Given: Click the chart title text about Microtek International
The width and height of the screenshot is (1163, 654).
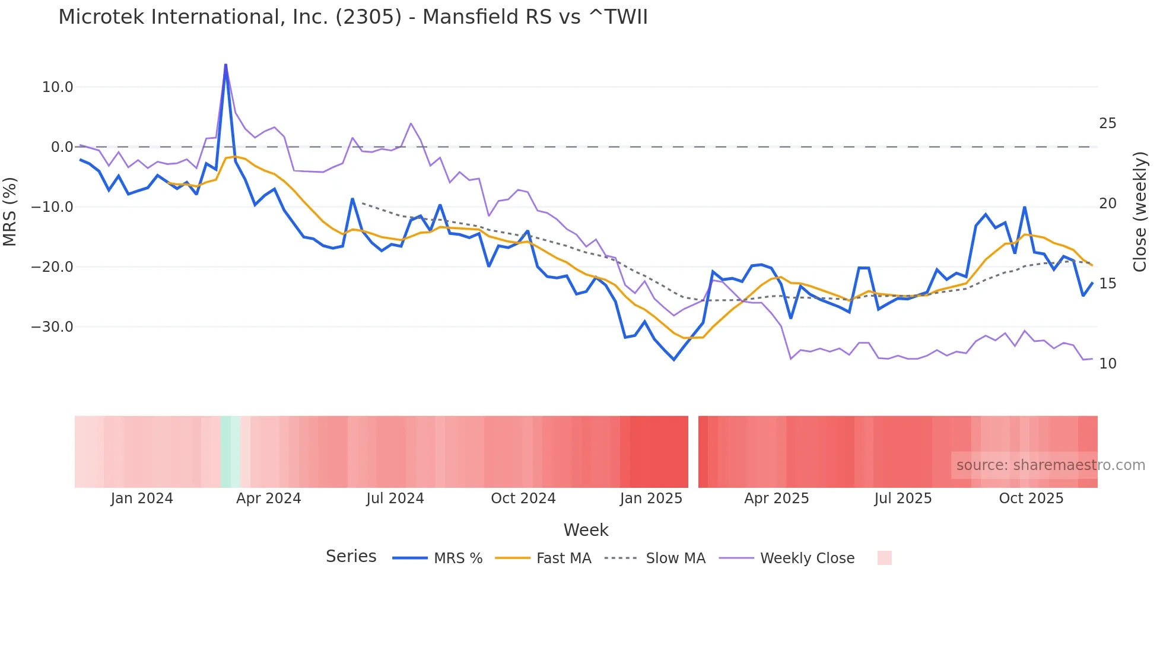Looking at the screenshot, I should coord(352,17).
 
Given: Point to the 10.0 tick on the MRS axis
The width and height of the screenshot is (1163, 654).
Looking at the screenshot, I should coord(58,87).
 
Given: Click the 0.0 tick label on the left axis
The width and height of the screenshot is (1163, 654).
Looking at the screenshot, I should coord(62,147).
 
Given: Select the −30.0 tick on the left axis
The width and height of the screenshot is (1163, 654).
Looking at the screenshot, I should coord(52,327).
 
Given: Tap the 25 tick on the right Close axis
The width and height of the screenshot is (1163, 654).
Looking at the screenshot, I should coord(1107,123).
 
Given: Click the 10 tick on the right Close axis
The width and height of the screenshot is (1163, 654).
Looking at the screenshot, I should coord(1107,364).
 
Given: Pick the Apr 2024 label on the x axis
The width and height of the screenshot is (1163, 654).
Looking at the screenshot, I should coord(268,499).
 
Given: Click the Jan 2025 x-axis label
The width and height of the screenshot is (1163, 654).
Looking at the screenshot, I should coord(651,499).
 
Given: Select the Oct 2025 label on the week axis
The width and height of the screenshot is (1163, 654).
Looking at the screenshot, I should coord(1031,499).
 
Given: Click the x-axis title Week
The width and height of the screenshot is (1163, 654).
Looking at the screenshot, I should coord(586,530).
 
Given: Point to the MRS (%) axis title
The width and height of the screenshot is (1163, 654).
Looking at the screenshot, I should coord(10,211).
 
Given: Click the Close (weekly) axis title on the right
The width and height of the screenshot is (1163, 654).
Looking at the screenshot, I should coord(1139,212).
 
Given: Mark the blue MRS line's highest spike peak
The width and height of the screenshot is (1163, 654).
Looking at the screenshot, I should coord(225,65).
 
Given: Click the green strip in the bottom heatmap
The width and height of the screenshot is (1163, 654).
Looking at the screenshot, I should coord(230,452).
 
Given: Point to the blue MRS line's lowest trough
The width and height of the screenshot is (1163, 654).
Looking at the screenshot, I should coord(673,360).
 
